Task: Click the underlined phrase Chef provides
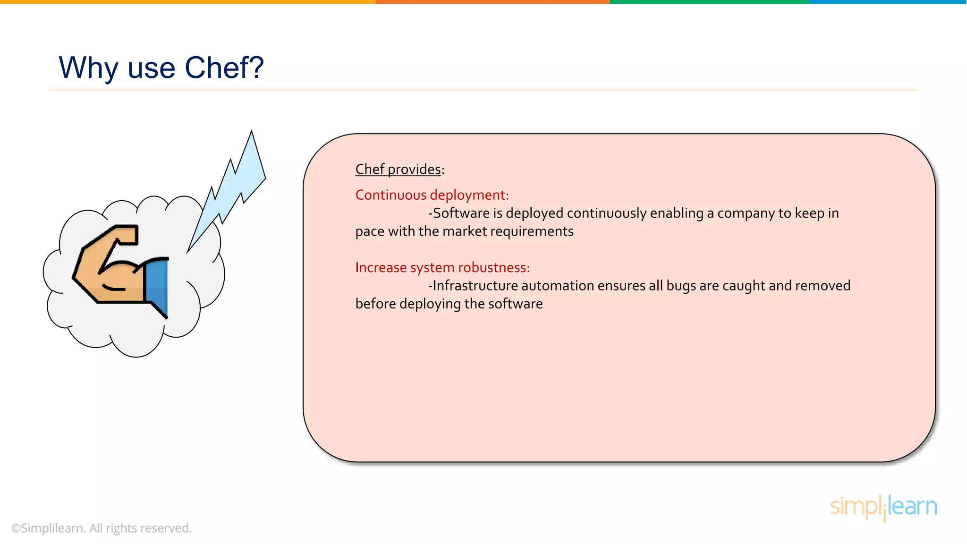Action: click(398, 169)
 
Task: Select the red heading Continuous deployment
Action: click(432, 195)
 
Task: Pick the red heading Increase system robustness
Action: click(442, 268)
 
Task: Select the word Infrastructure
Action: click(473, 286)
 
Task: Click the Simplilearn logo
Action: click(883, 507)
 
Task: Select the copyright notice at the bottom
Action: click(101, 528)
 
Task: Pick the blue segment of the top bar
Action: click(888, 2)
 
